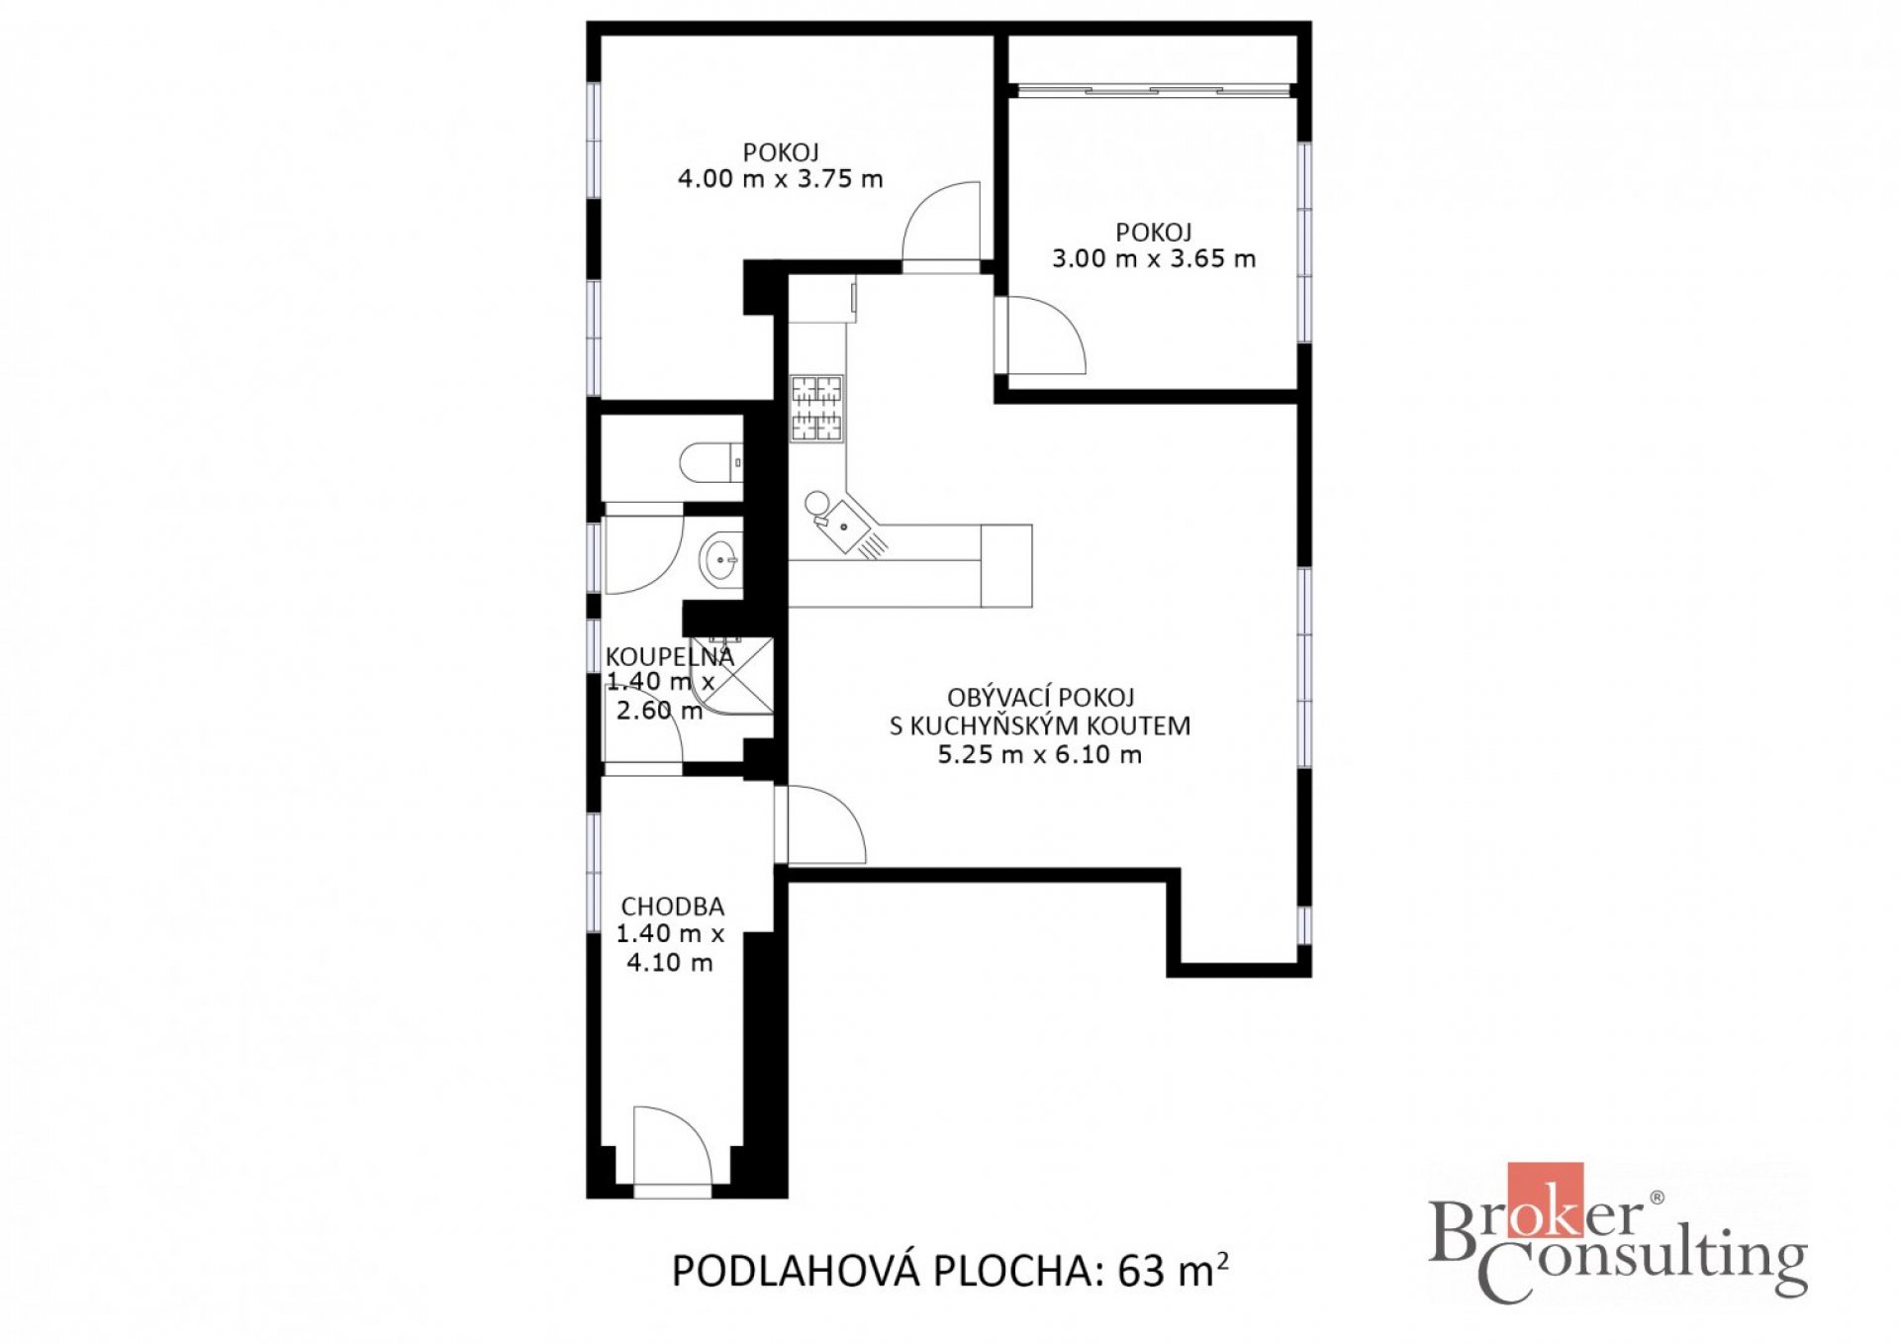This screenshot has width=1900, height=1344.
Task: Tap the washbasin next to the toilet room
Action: pyautogui.click(x=720, y=560)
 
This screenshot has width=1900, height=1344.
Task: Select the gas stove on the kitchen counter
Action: pyautogui.click(x=816, y=408)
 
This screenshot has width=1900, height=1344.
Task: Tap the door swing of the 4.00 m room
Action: pyautogui.click(x=941, y=227)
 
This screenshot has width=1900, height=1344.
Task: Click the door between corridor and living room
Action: pyautogui.click(x=820, y=824)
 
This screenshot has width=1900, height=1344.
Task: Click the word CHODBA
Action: pyautogui.click(x=672, y=907)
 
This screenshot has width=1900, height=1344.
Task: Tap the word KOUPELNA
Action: pyautogui.click(x=670, y=657)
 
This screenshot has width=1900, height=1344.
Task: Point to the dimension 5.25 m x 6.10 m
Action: pyautogui.click(x=1039, y=755)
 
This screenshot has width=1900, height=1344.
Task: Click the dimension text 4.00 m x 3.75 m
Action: pyautogui.click(x=780, y=179)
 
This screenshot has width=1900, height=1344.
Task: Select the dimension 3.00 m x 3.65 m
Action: pyautogui.click(x=1154, y=259)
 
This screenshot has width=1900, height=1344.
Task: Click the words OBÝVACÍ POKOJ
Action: pyautogui.click(x=1040, y=698)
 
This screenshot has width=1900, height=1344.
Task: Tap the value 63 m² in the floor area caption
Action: pyautogui.click(x=1173, y=1270)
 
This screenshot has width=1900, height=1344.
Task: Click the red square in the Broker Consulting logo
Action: pyautogui.click(x=1545, y=1200)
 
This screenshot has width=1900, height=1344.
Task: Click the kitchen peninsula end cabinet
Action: pyautogui.click(x=1006, y=566)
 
